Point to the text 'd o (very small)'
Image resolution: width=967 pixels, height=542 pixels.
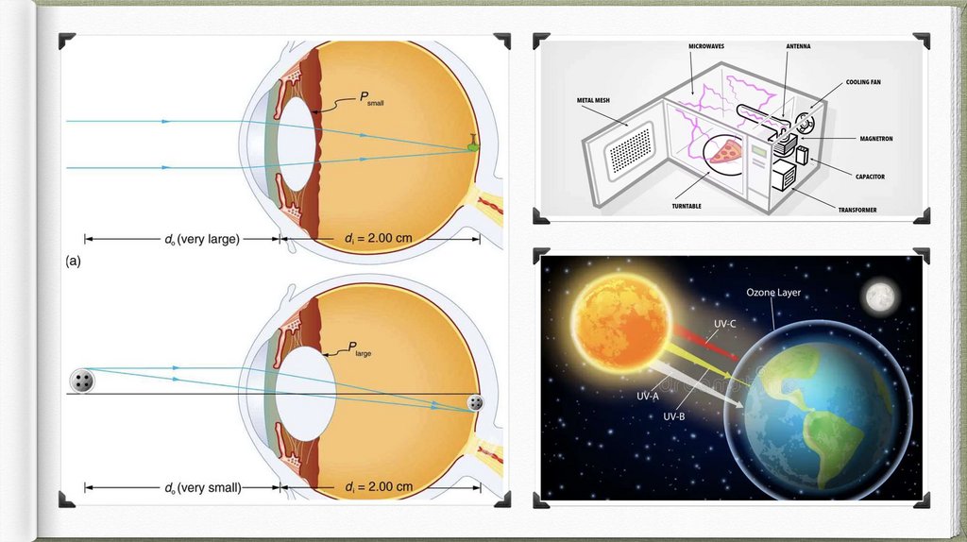(x=202, y=487)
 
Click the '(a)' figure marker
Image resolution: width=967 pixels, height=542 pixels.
(x=73, y=262)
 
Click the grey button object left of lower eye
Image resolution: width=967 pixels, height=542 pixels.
(x=83, y=381)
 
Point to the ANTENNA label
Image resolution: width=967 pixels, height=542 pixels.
(x=798, y=45)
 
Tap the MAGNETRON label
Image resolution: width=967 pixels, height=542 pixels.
(x=875, y=139)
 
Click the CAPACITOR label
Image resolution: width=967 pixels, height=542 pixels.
(x=875, y=177)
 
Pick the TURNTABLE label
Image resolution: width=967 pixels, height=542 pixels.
(x=687, y=206)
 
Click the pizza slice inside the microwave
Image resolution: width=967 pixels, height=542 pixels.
(x=726, y=151)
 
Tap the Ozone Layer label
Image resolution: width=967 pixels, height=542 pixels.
(x=773, y=293)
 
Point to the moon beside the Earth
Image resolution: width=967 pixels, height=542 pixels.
(x=880, y=296)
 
